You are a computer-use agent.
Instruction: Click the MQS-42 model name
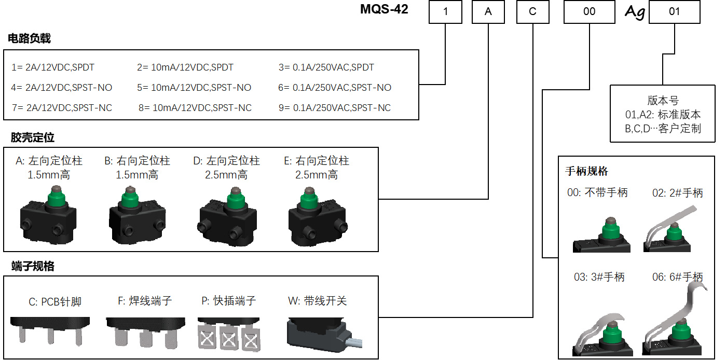pos(384,9)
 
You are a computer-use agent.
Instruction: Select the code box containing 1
pos(445,11)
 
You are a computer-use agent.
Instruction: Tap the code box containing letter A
pos(488,11)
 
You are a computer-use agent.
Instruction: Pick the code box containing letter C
pos(533,11)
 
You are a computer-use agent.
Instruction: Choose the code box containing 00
pos(589,11)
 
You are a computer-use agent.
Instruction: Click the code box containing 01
pos(675,11)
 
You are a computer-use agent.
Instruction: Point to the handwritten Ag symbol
pos(635,12)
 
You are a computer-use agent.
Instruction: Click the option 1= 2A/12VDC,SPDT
pos(53,67)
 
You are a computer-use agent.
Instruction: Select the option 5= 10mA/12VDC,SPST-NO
pos(194,88)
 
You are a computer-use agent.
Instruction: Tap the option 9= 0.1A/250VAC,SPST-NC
pos(335,107)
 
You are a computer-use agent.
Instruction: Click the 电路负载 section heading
pos(29,38)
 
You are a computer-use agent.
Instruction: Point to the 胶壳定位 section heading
pos(32,137)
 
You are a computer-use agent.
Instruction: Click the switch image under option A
pos(48,215)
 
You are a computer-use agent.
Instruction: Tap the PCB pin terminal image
pos(50,331)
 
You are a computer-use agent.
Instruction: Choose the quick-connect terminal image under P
pos(229,334)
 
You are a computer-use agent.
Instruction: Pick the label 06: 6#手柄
pos(677,277)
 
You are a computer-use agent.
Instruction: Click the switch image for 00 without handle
pos(601,234)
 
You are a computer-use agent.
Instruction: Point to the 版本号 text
pos(663,101)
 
